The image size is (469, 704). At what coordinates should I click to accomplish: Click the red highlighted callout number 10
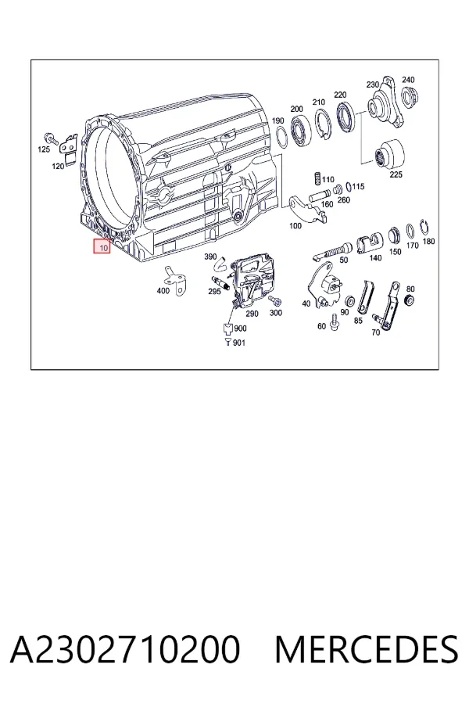pyautogui.click(x=102, y=246)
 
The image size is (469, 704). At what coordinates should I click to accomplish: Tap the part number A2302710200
pyautogui.click(x=125, y=649)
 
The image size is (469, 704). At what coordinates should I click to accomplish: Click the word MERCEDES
pyautogui.click(x=367, y=649)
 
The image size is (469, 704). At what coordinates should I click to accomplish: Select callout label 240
pyautogui.click(x=408, y=80)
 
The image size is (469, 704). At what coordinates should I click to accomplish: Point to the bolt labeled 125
pyautogui.click(x=50, y=138)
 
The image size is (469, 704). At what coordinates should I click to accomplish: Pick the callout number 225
pyautogui.click(x=396, y=174)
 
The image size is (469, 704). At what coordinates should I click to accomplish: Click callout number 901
pyautogui.click(x=239, y=343)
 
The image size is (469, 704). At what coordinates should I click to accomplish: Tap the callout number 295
pyautogui.click(x=214, y=292)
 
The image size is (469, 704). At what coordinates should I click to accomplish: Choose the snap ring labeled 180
pyautogui.click(x=423, y=227)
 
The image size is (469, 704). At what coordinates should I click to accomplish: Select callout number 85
pyautogui.click(x=358, y=321)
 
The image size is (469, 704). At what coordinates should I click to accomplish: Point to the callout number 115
pyautogui.click(x=358, y=186)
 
